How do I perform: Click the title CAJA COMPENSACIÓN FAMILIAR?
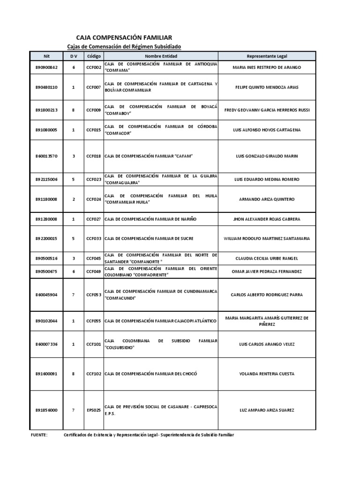coord(124,37)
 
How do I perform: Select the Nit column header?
coord(46,56)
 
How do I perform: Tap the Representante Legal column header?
coord(267,56)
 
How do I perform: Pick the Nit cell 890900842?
coord(46,67)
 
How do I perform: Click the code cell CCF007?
coord(94,87)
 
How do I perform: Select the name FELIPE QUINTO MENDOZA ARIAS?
coord(267,87)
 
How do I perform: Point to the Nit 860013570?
coord(46,156)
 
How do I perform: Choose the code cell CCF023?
coord(94,180)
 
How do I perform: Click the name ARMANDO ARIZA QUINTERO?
coord(267,199)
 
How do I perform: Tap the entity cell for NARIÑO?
coord(150,219)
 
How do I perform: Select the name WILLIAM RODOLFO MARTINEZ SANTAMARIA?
coord(267,239)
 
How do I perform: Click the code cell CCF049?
coord(94,271)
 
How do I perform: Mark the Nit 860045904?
coord(46,295)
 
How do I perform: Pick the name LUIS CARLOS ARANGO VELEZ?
coord(267,345)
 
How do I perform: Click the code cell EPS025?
coord(94,410)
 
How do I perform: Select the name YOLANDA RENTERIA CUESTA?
coord(267,374)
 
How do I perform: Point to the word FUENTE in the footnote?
coord(39,435)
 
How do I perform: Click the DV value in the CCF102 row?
coord(73,374)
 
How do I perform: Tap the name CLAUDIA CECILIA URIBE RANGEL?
coord(267,258)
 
